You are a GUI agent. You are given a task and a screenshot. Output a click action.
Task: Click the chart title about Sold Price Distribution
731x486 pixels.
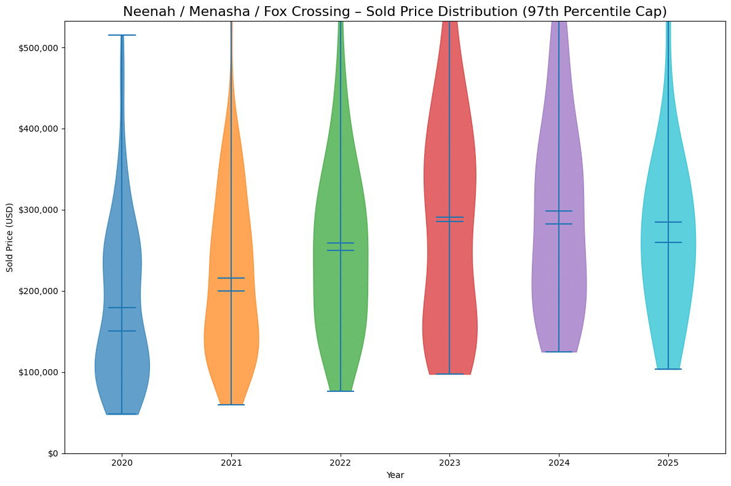395,12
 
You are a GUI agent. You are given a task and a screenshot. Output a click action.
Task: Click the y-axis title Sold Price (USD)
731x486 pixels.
10,237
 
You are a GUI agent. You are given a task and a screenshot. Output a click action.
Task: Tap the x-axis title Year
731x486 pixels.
395,475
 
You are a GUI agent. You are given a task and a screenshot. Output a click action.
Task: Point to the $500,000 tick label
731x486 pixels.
40,48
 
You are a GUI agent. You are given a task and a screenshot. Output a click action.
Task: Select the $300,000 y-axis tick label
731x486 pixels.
40,210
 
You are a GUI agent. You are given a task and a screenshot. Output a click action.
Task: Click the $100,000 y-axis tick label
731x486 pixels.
40,372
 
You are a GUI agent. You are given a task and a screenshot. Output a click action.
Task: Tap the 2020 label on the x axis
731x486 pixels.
122,463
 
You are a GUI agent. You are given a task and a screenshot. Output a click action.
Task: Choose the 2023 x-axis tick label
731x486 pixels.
449,463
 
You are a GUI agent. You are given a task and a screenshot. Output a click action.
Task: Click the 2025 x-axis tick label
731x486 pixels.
668,463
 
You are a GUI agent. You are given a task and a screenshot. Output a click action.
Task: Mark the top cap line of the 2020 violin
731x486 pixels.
122,35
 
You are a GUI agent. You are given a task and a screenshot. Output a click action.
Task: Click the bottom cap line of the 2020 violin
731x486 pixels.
122,414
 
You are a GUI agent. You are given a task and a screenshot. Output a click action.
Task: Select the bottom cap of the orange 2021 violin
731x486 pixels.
231,405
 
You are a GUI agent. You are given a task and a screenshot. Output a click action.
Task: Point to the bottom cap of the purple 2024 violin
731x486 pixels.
559,352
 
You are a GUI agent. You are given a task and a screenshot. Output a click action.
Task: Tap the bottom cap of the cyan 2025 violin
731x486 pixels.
668,369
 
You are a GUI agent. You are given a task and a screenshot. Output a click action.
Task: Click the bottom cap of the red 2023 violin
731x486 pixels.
449,374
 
